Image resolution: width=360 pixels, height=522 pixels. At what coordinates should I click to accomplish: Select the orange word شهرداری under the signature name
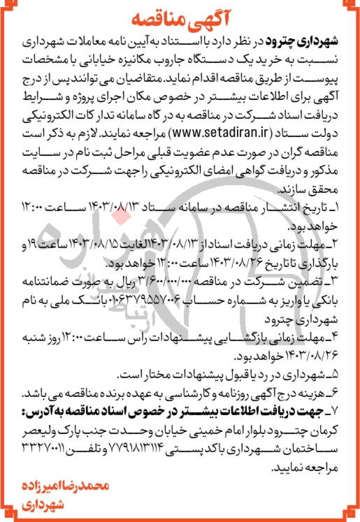(x=326, y=504)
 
